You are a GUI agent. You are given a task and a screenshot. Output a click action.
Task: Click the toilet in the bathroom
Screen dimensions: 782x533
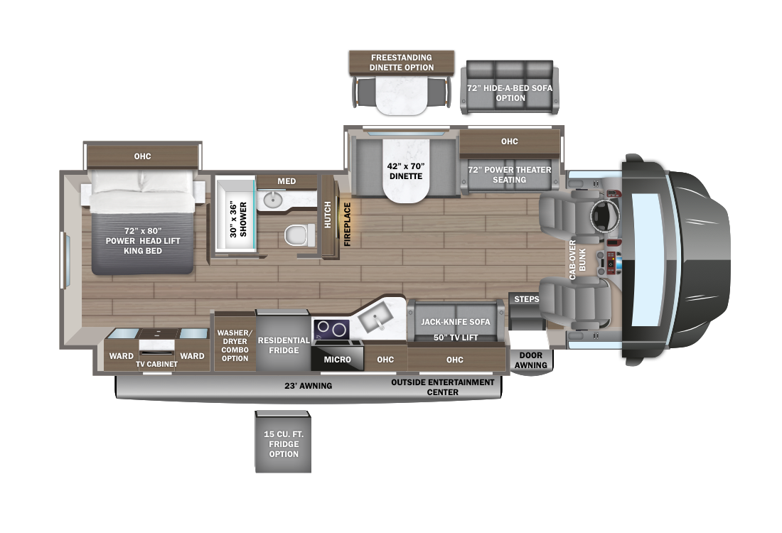click(300, 235)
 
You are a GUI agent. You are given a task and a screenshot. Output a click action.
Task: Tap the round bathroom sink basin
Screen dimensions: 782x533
click(272, 200)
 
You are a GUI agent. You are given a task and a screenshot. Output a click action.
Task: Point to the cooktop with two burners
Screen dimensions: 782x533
click(331, 329)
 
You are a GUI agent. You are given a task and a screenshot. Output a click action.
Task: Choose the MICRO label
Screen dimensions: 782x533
click(337, 360)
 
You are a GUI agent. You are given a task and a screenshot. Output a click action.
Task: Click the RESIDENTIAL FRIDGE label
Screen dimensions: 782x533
click(283, 345)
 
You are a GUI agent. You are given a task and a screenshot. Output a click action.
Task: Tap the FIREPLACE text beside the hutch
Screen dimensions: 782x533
click(348, 224)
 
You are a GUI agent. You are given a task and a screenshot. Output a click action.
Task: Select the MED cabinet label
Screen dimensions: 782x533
click(286, 181)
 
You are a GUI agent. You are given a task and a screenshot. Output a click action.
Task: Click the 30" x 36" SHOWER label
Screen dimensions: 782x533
click(238, 220)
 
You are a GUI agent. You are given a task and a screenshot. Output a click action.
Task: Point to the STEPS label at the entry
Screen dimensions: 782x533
click(527, 299)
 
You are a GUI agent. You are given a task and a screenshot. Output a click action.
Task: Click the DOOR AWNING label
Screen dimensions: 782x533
click(530, 360)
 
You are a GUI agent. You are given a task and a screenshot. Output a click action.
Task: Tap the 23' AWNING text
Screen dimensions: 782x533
click(309, 385)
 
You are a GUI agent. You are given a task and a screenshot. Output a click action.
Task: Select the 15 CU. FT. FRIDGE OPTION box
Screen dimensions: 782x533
click(283, 442)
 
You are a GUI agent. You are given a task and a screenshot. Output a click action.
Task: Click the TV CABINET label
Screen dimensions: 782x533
click(156, 364)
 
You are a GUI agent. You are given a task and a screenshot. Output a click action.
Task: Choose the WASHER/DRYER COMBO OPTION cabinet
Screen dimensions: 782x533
click(235, 342)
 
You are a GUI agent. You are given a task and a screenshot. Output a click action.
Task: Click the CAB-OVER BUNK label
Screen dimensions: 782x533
click(577, 259)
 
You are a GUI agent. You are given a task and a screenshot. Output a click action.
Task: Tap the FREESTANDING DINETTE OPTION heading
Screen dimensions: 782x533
click(402, 63)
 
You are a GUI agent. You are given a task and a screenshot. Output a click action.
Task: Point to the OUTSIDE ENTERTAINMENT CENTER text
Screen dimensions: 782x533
click(442, 387)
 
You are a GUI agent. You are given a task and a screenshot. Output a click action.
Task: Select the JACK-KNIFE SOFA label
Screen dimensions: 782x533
click(455, 322)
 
